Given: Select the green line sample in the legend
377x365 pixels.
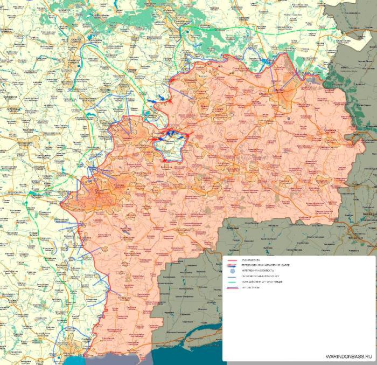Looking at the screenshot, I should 233,282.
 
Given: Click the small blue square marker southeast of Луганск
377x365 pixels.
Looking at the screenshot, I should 289,117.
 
